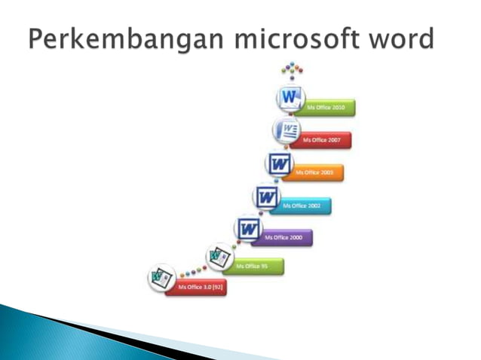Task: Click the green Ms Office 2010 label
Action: (x=327, y=108)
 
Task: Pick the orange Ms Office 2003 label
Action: (x=316, y=172)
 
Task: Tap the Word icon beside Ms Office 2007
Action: (x=287, y=130)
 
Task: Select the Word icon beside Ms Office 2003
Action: (x=278, y=163)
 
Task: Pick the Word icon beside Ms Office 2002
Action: (x=266, y=197)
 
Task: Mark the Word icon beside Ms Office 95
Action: (x=219, y=256)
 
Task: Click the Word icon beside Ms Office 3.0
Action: (x=161, y=278)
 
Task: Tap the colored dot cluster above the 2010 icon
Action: (x=292, y=71)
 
